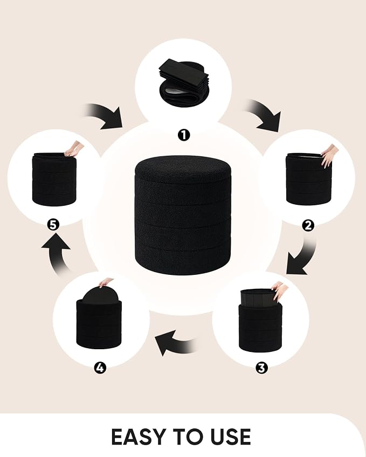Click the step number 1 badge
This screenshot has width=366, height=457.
(x=184, y=135)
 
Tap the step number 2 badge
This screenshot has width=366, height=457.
(x=308, y=225)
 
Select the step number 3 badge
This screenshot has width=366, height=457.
(x=261, y=368)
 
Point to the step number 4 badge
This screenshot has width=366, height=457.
(x=100, y=368)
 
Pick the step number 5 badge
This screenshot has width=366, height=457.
(x=53, y=225)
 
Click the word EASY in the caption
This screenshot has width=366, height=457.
(x=139, y=437)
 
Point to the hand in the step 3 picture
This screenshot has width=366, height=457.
(x=280, y=291)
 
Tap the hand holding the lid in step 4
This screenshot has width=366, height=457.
(x=106, y=282)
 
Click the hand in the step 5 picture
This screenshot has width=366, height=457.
(x=74, y=149)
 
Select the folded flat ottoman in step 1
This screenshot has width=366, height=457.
(x=184, y=82)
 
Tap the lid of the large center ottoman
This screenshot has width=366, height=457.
(x=183, y=169)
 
